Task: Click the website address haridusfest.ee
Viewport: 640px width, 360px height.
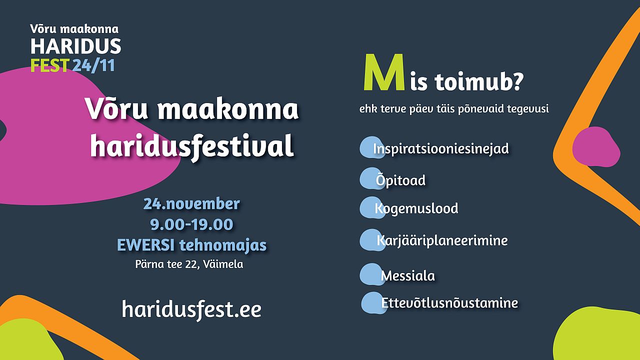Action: (x=191, y=309)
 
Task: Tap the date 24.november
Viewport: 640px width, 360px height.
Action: (x=191, y=203)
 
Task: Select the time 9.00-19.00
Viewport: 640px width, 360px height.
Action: (x=191, y=224)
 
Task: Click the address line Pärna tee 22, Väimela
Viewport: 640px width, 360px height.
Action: (x=189, y=264)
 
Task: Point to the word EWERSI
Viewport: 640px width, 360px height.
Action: (x=145, y=245)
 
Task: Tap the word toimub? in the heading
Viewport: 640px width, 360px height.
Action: (x=479, y=82)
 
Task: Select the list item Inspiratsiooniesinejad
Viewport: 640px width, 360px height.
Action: (x=441, y=149)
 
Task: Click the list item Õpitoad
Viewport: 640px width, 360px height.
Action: (x=400, y=180)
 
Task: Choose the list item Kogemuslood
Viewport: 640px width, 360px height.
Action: (x=416, y=208)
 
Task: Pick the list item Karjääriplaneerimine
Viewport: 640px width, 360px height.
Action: (x=442, y=240)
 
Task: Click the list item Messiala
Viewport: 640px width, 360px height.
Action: (x=407, y=276)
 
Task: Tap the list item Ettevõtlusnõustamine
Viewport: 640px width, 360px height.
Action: (x=449, y=303)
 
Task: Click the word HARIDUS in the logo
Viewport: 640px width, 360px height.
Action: (x=75, y=46)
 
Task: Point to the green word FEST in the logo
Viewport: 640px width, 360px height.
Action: (x=49, y=65)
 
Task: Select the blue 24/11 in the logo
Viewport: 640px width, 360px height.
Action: (x=93, y=65)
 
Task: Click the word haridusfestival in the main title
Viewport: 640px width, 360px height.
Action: (x=192, y=145)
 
